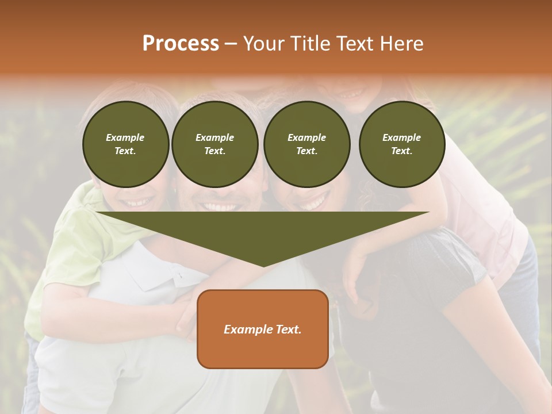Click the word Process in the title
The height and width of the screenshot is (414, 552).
(181, 44)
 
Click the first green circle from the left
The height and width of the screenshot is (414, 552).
(125, 144)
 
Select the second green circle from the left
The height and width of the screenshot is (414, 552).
(215, 144)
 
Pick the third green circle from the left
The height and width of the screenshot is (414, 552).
(306, 144)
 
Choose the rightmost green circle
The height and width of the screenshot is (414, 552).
(401, 144)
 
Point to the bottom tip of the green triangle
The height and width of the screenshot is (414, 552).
(263, 266)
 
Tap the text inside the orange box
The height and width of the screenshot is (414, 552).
(263, 329)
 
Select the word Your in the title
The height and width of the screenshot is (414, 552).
(263, 44)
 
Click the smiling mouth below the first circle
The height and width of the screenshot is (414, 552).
(139, 202)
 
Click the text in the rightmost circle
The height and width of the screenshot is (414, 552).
(401, 144)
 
